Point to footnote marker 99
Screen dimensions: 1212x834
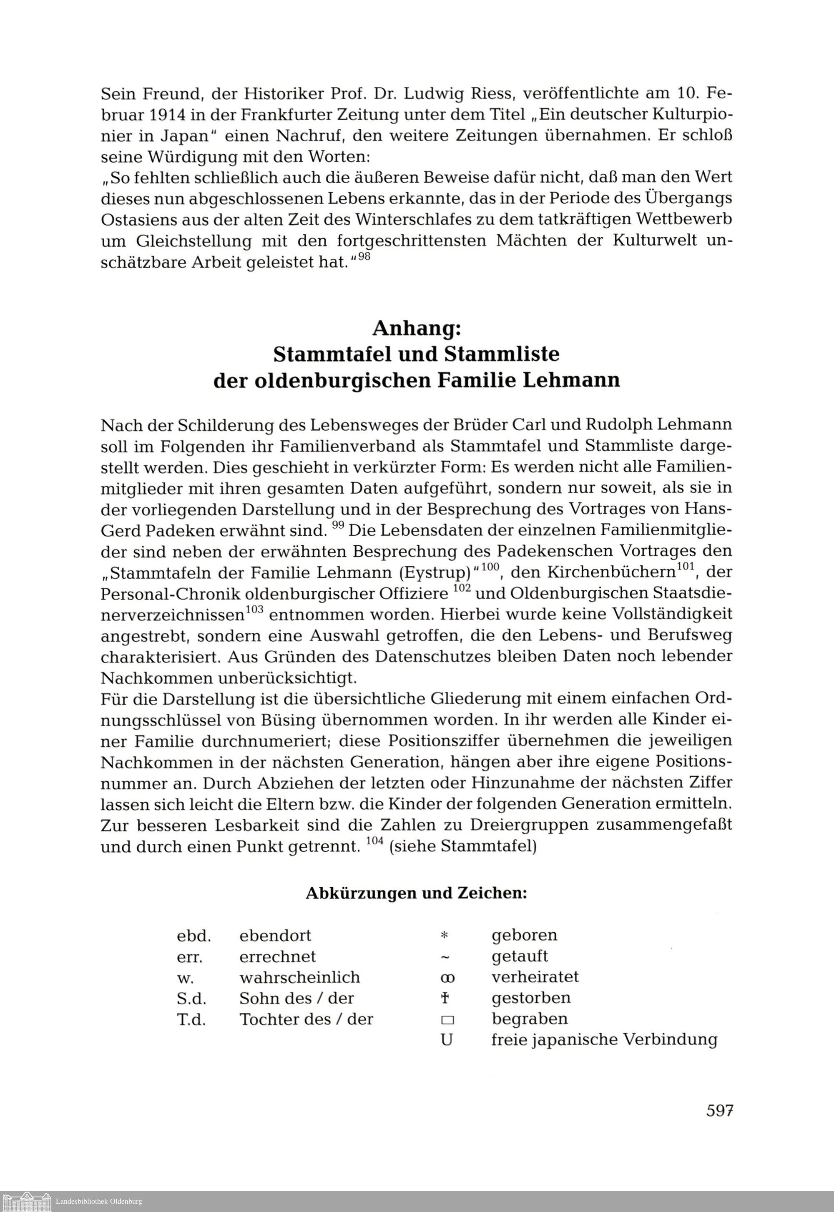337,527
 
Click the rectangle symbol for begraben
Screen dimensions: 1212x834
445,1020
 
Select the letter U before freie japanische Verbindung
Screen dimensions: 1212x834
446,1040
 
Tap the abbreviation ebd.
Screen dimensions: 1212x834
194,936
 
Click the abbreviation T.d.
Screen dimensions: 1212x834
191,1019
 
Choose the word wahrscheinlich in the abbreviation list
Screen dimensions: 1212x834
299,977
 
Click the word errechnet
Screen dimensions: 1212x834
277,956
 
